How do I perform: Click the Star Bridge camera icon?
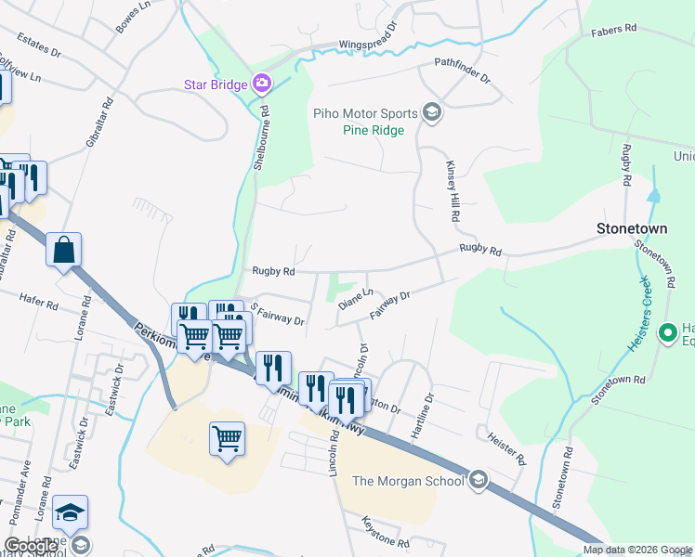(262, 84)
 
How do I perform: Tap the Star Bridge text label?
(215, 85)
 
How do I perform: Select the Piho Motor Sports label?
(365, 113)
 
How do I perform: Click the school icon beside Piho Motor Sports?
(431, 112)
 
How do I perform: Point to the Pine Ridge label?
(373, 131)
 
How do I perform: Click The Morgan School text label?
(408, 480)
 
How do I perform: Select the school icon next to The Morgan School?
(478, 479)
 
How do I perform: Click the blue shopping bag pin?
(63, 251)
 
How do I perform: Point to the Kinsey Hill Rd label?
(453, 189)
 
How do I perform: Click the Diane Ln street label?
(355, 298)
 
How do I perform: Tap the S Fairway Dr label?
(276, 314)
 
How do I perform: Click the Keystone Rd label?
(385, 531)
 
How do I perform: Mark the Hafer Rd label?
(38, 300)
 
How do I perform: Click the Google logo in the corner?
(31, 546)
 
